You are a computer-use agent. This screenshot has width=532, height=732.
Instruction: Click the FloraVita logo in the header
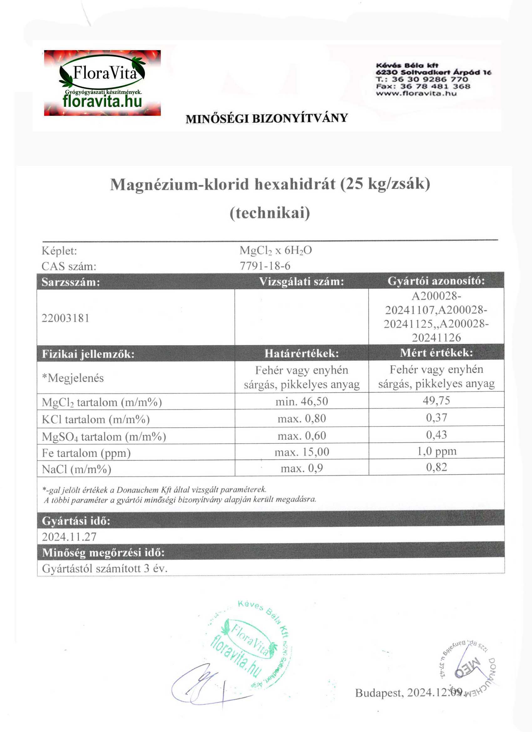(x=102, y=83)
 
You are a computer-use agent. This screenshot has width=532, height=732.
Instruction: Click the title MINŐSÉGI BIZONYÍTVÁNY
(x=267, y=118)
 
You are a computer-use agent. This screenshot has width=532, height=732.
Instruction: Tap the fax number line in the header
(x=423, y=86)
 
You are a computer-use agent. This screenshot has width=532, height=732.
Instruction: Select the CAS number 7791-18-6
(x=265, y=266)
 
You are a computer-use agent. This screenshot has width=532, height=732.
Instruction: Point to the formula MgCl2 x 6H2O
(x=275, y=250)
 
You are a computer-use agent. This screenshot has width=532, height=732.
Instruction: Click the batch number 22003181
(x=65, y=318)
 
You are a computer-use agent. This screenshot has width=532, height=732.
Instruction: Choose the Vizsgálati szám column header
(x=302, y=282)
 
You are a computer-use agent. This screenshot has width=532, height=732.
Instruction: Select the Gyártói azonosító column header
(x=436, y=281)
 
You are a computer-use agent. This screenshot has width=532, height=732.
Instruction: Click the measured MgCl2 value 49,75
(x=436, y=400)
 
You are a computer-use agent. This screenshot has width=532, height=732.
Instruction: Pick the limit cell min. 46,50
(x=302, y=401)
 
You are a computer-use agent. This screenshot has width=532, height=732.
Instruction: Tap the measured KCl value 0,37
(x=437, y=418)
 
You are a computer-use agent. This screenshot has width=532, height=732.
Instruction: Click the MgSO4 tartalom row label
(x=104, y=437)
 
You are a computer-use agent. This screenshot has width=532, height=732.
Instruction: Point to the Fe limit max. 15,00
(x=302, y=452)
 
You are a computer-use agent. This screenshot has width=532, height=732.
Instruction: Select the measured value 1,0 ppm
(x=437, y=451)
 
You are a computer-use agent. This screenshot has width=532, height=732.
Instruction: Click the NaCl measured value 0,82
(x=437, y=467)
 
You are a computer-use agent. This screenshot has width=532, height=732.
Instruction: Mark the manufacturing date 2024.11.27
(x=69, y=537)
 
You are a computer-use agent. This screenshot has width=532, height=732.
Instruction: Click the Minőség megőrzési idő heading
(x=103, y=553)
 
